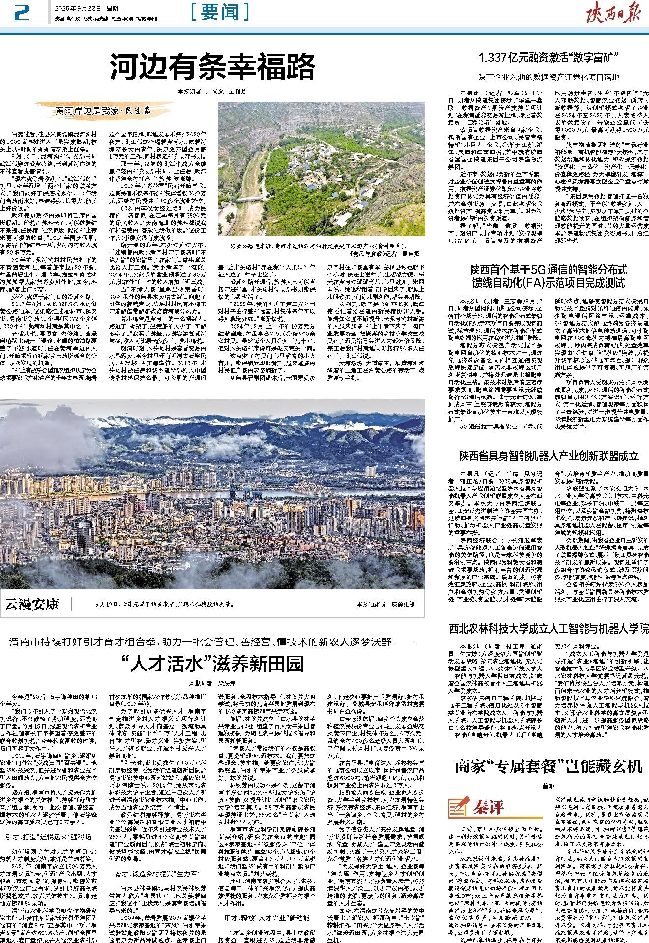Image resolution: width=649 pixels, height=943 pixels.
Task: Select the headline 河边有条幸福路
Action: [x=212, y=65]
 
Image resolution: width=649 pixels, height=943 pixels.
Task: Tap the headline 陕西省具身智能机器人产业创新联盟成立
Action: [x=549, y=455]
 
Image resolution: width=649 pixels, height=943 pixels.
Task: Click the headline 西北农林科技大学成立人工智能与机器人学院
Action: [x=549, y=628]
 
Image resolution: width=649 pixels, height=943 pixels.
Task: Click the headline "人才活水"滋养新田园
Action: [x=212, y=664]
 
